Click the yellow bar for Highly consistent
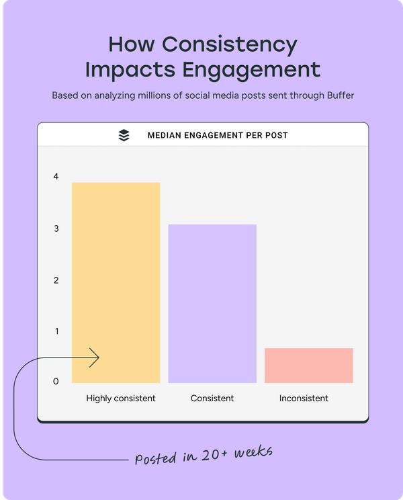[116, 282]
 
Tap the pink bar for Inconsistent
[308, 366]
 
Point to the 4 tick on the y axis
[56, 177]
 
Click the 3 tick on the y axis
[56, 228]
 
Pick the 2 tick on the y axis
[56, 280]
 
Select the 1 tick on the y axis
[56, 331]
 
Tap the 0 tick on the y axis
[56, 382]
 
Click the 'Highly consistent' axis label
[121, 399]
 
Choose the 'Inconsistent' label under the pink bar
[304, 399]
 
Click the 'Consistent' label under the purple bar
[212, 399]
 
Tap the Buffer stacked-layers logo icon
[124, 135]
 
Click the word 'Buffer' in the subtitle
[339, 95]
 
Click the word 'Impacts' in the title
[124, 70]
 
